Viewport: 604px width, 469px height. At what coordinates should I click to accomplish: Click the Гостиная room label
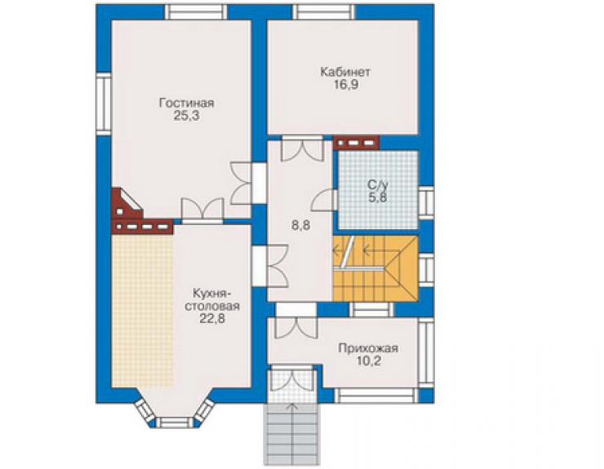pos(186,104)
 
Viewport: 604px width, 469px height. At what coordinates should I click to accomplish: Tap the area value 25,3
pos(186,116)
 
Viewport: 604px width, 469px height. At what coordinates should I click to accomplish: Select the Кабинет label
pos(345,72)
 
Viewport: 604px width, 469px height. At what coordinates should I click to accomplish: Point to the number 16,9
pos(346,85)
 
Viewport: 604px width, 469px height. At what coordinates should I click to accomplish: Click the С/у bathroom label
pos(378,184)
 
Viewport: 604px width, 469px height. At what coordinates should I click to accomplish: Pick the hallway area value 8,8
pos(301,226)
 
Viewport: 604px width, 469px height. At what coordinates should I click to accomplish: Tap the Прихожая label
pos(368,349)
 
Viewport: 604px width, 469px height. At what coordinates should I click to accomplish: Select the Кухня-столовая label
pos(212,299)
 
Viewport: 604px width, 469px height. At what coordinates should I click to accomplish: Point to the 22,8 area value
pos(212,319)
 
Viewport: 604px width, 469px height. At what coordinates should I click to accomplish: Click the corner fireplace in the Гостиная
pos(127,204)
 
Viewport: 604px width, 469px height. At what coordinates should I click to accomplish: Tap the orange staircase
pos(375,269)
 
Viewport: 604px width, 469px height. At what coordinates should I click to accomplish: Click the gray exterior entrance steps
pos(292,434)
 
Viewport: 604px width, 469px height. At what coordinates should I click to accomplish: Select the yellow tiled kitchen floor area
pos(142,310)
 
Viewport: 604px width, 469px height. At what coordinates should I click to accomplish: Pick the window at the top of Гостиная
pos(197,12)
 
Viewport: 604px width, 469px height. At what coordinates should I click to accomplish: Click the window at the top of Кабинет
pos(323,12)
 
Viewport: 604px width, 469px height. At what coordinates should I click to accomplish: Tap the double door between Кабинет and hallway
pos(302,148)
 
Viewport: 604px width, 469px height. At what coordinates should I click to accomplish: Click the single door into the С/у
pos(324,200)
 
